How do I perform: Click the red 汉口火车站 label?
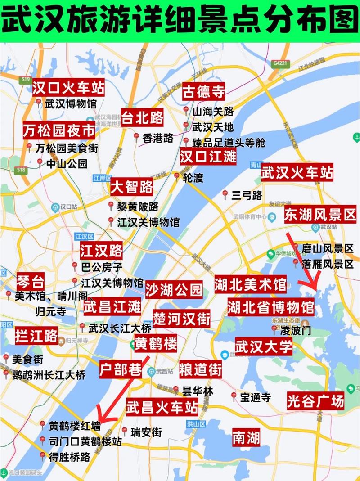tap(68, 88)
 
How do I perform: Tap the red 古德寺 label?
tap(203, 92)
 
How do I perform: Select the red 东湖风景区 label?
tap(320, 216)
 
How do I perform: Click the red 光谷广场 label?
tap(315, 400)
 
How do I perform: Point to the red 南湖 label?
tap(246, 438)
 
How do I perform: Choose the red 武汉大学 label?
tap(264, 347)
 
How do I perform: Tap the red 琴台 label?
tap(31, 282)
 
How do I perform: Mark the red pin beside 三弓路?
tap(225, 194)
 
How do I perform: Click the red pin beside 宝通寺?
tap(234, 396)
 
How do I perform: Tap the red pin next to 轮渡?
tap(177, 176)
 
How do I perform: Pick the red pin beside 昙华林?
tap(175, 390)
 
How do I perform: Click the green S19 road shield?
tap(25, 80)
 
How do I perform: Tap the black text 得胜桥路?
tap(69, 457)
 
